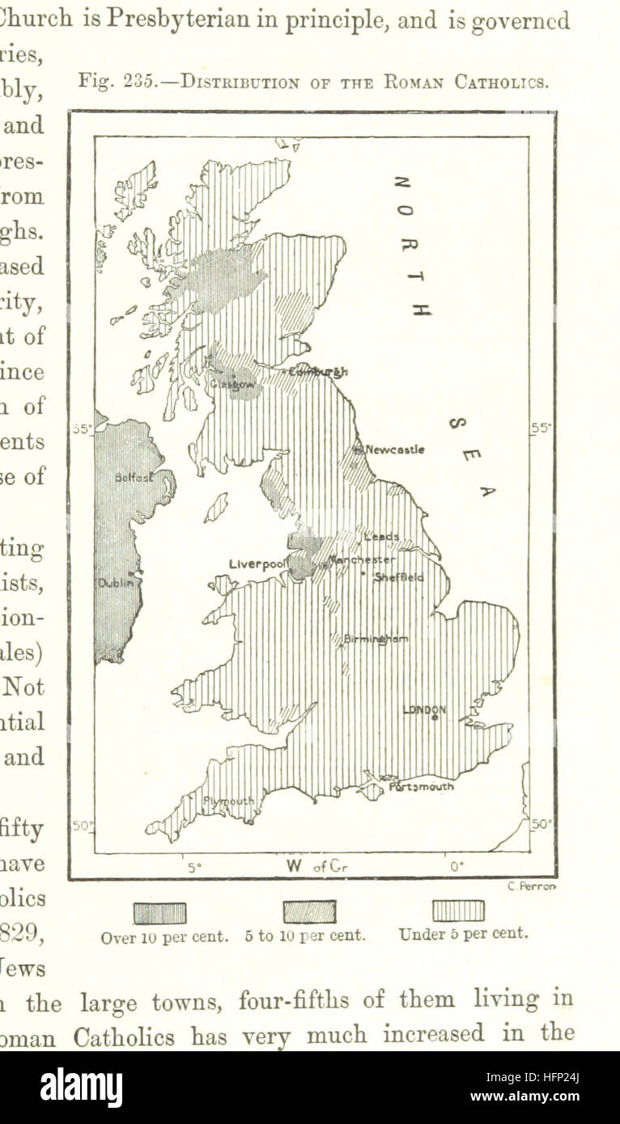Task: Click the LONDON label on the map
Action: click(424, 709)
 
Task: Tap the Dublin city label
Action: click(115, 582)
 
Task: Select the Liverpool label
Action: click(257, 563)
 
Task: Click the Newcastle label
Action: click(394, 449)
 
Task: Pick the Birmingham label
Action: click(376, 638)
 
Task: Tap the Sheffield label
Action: click(398, 577)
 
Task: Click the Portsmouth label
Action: click(421, 785)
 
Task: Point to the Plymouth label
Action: click(227, 801)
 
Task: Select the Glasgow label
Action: click(232, 385)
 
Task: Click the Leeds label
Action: click(380, 536)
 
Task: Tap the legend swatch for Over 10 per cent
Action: click(159, 913)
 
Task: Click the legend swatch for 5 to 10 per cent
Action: click(309, 912)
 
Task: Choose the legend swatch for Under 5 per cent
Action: click(458, 911)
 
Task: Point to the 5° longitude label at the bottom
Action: click(193, 867)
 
